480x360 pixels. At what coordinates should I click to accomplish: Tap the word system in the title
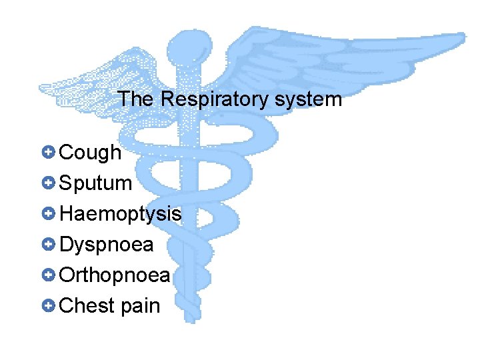(308, 100)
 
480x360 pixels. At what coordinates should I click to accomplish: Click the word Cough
(91, 153)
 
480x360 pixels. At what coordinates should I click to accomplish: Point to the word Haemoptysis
(120, 215)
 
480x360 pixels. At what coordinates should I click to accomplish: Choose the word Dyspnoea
(107, 245)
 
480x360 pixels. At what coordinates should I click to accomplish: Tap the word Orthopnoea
(115, 275)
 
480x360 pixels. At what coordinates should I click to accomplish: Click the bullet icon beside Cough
(47, 153)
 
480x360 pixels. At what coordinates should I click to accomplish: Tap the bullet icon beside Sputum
(47, 183)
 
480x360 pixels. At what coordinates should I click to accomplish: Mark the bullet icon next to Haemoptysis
(47, 214)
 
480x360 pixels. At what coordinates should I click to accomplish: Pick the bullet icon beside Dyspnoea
(47, 245)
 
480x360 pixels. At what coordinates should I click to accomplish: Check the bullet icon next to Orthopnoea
(47, 275)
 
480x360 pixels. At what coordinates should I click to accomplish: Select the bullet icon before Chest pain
(47, 305)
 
